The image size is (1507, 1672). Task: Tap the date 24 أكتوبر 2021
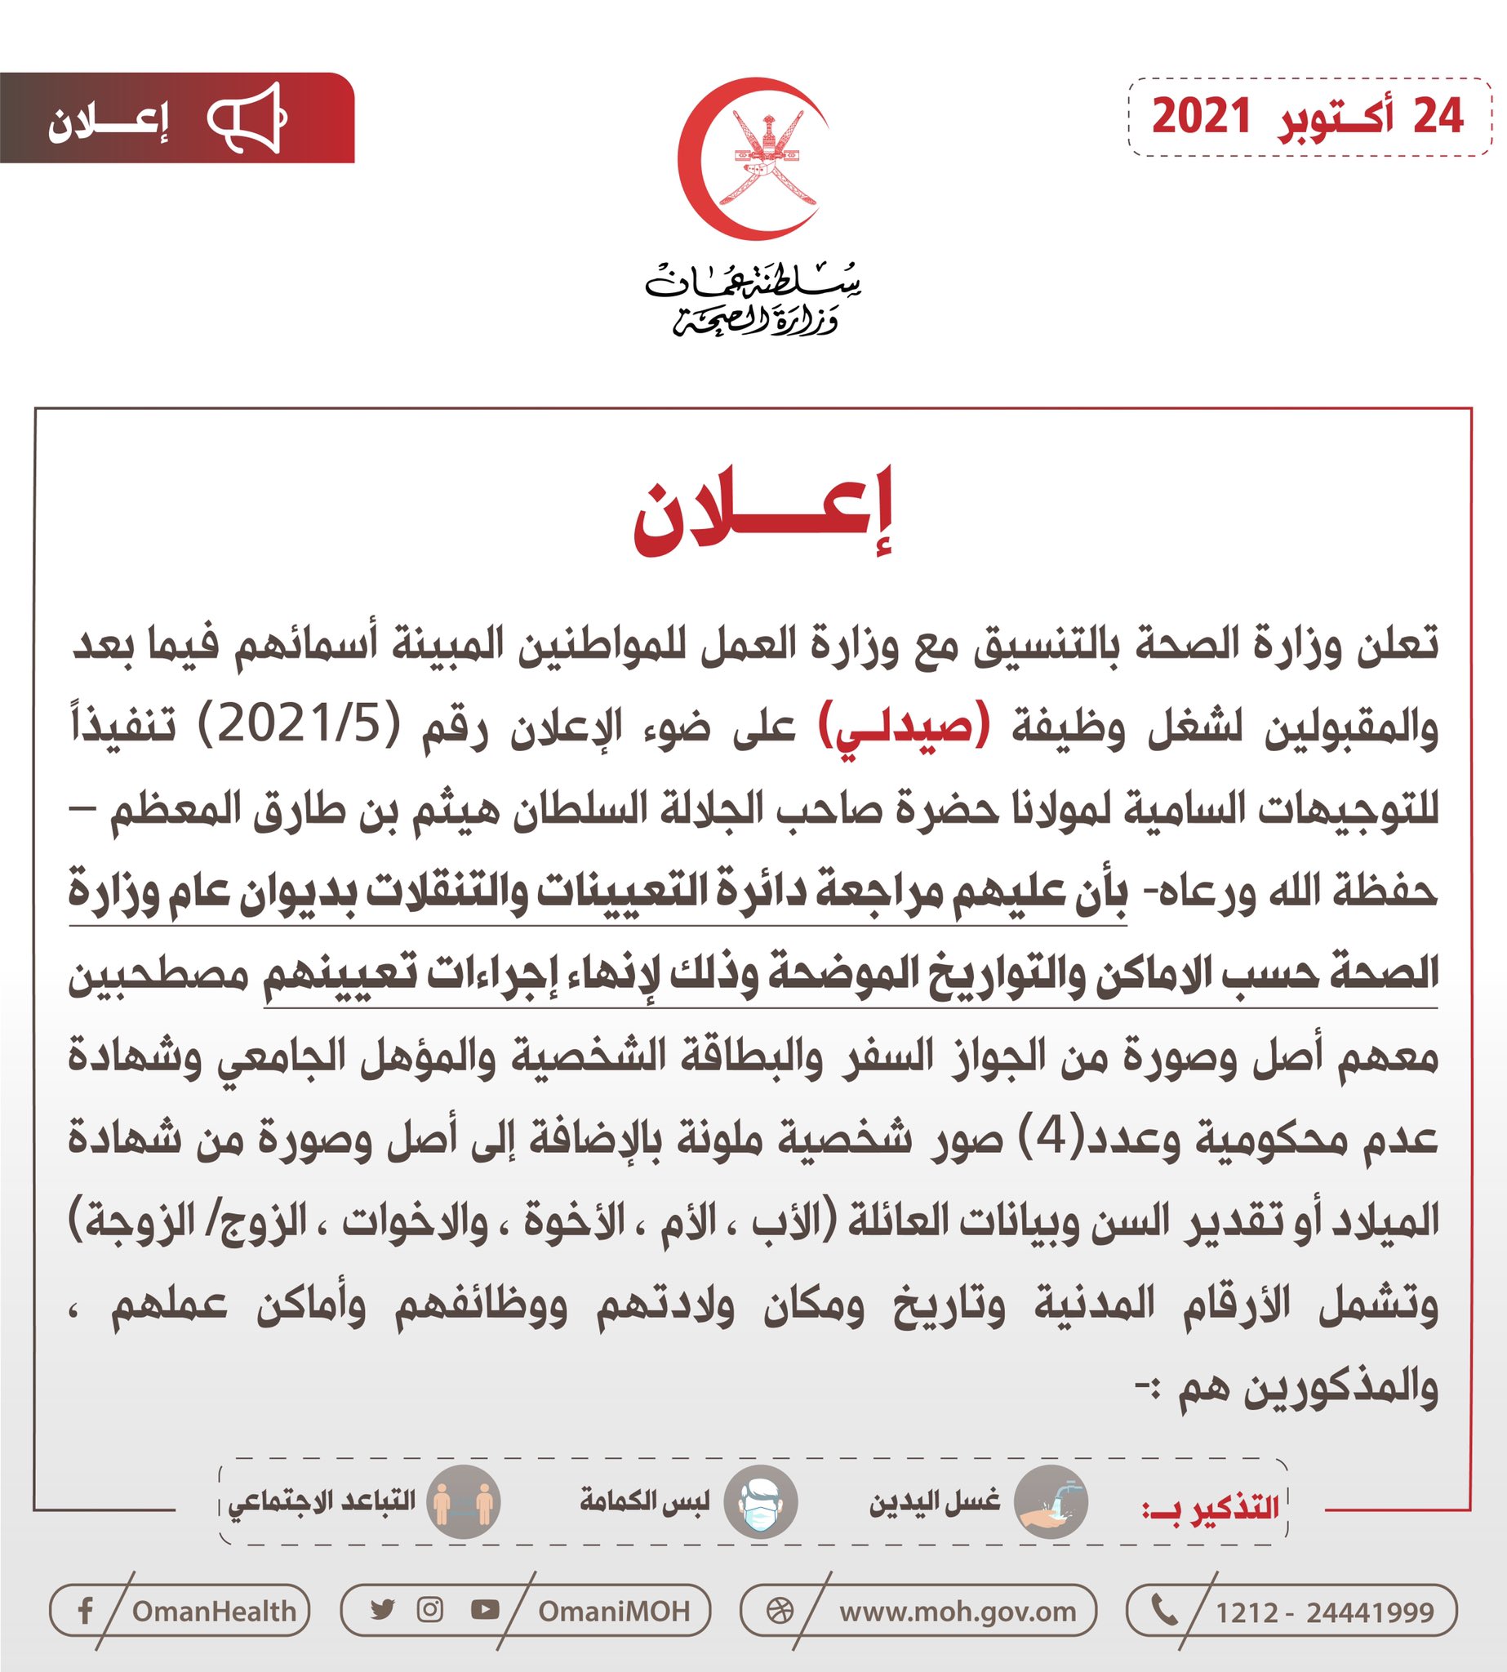point(1309,117)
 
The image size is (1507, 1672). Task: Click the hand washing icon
point(1050,1502)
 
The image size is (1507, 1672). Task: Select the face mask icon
point(759,1502)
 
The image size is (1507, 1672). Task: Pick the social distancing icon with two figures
point(463,1502)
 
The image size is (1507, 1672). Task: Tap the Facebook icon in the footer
point(84,1611)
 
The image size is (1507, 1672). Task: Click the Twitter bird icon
point(382,1610)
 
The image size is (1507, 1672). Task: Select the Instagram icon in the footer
point(429,1610)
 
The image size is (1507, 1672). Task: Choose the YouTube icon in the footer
point(484,1610)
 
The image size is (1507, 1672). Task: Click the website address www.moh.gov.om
point(958,1612)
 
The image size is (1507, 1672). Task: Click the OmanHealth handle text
point(214,1612)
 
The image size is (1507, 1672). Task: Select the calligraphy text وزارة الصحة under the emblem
point(755,321)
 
